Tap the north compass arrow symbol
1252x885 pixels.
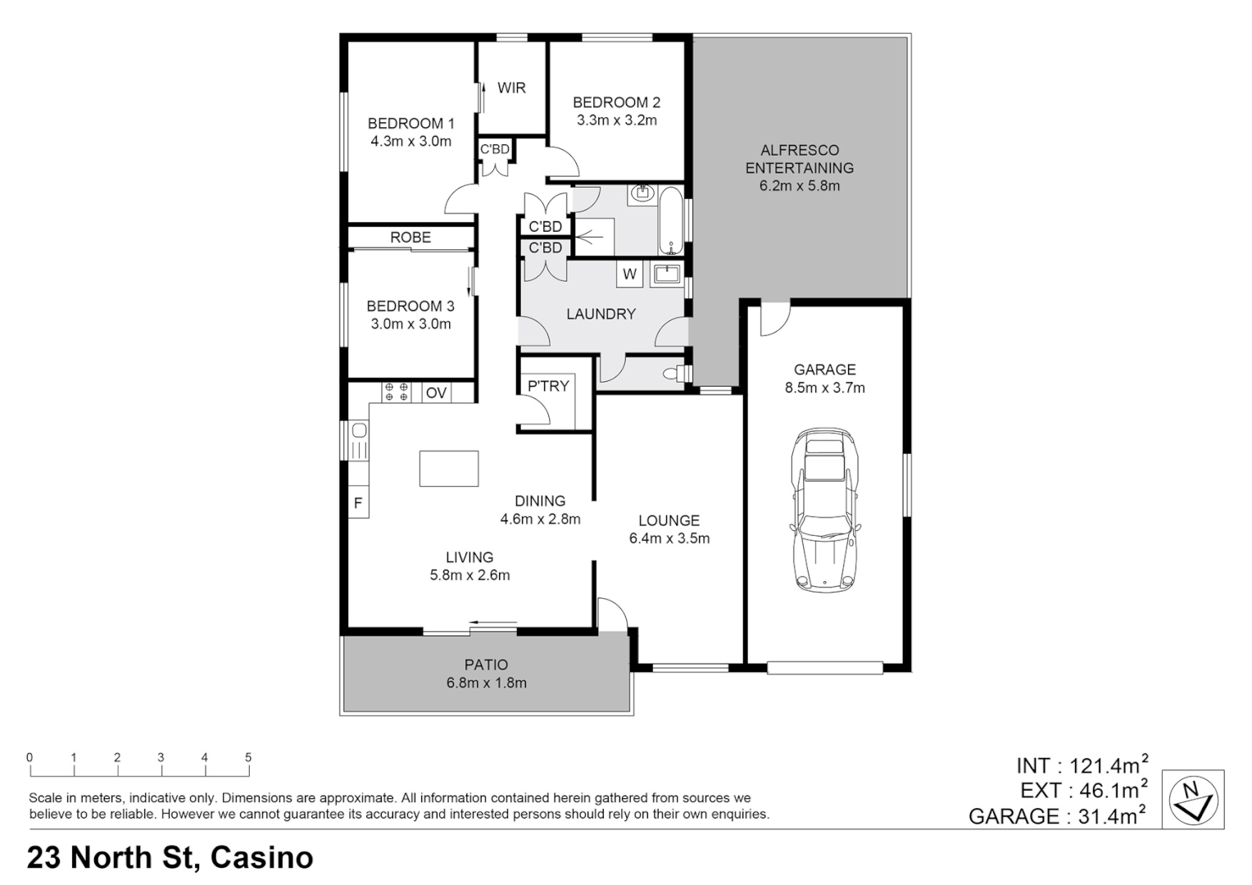tap(1194, 799)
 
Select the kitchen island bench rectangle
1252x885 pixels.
tap(448, 468)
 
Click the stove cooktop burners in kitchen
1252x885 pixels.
tap(397, 393)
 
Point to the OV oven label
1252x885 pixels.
tap(436, 393)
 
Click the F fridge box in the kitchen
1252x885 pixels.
tap(358, 503)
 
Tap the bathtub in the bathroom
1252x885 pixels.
tap(669, 221)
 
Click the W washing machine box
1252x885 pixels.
tap(629, 275)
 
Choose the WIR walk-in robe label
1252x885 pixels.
tap(511, 88)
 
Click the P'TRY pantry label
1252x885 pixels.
tap(547, 386)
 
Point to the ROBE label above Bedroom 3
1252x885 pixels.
tap(410, 238)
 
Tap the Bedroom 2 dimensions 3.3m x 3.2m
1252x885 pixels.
tap(616, 120)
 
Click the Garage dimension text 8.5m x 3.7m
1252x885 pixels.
tap(824, 388)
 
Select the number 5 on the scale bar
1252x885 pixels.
tap(248, 758)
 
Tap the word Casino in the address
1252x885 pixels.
tap(261, 857)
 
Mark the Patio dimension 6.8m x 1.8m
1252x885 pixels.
tap(486, 683)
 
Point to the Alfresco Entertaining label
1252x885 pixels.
tap(799, 159)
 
